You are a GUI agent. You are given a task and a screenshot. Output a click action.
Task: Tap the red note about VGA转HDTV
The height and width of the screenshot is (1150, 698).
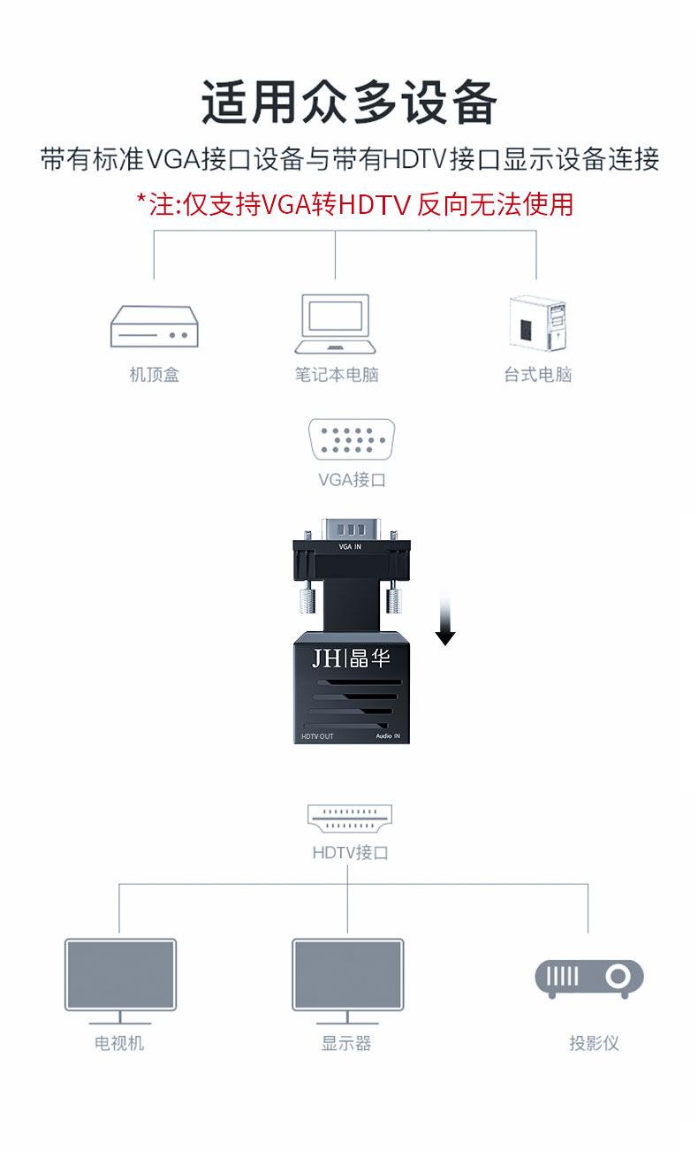pos(354,204)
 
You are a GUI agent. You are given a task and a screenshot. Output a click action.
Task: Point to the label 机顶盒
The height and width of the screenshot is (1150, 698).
pos(155,375)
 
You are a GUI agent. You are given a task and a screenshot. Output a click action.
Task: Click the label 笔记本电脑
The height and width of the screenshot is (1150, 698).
pos(337,375)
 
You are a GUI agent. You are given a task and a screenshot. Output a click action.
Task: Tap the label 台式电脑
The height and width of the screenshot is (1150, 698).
pos(538,375)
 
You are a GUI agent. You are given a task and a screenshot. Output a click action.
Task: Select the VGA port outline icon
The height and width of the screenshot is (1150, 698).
pos(351,438)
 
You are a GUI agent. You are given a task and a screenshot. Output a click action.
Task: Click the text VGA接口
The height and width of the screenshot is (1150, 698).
pos(352,480)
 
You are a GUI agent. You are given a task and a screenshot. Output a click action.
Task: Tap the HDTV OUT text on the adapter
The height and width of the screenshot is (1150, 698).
pos(317,735)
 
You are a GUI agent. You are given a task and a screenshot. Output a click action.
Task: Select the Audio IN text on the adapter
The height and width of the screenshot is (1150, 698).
pos(388,735)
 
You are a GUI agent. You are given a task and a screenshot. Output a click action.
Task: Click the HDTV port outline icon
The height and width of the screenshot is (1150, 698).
pos(351,819)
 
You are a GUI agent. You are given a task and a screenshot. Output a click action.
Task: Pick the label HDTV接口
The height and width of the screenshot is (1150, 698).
pos(351,853)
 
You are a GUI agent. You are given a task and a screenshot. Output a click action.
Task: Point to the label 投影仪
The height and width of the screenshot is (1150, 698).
pos(594,1043)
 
